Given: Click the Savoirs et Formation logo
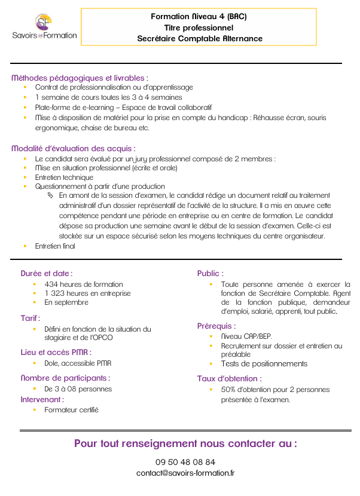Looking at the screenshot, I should [x=44, y=27].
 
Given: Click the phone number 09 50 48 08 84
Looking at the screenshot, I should [x=185, y=462].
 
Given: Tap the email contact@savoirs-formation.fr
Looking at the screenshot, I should [x=185, y=473].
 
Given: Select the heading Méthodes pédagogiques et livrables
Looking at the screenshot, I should [x=80, y=78].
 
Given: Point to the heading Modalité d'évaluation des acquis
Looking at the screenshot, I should [x=74, y=148].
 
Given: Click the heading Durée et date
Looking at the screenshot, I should [x=46, y=273].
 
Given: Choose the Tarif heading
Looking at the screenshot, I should [x=30, y=318].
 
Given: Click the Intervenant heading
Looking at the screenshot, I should [x=42, y=399].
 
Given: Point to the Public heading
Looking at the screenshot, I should [x=210, y=273].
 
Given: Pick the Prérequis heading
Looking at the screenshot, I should [x=216, y=326].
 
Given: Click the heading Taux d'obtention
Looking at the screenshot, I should [x=229, y=378].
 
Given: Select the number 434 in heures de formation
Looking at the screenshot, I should [x=51, y=284].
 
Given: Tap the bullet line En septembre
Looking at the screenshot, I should [x=66, y=302].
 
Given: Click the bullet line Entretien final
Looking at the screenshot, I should [x=55, y=246].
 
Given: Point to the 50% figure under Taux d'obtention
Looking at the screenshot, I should [x=228, y=390].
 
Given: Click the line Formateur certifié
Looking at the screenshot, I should [x=71, y=410].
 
